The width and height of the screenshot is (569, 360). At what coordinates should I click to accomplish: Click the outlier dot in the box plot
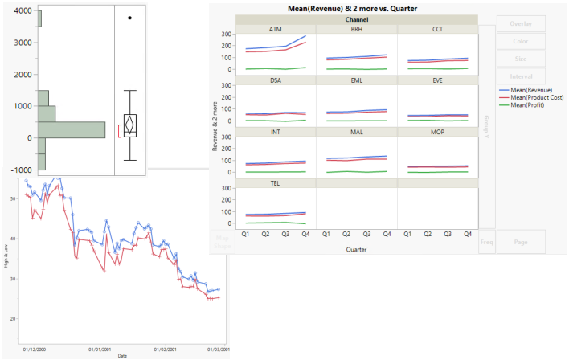(130, 17)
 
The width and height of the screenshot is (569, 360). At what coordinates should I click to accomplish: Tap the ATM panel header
(276, 29)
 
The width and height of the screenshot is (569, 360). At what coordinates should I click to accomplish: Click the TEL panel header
(276, 183)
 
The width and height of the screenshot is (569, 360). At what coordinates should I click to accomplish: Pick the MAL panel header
(357, 132)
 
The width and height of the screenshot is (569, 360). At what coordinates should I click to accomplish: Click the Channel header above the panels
(357, 18)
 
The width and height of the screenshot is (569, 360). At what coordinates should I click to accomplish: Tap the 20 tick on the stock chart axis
(14, 318)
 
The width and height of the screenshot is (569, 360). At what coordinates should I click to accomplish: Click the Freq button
(487, 241)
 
